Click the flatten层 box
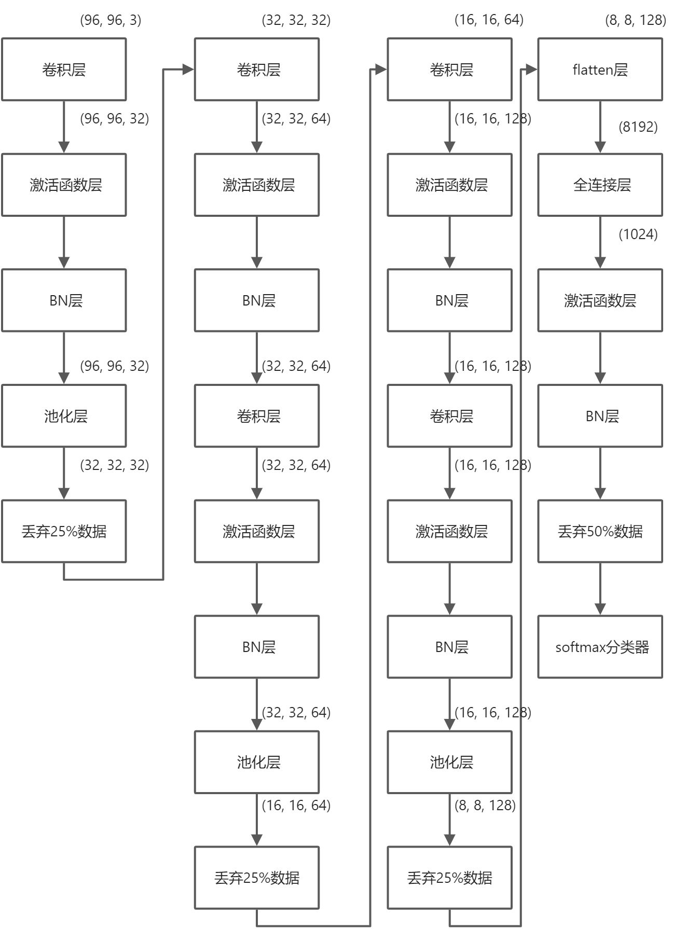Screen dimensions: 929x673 click(600, 70)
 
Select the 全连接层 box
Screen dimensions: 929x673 click(600, 185)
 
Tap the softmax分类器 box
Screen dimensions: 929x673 click(600, 647)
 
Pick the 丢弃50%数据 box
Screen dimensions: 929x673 click(600, 531)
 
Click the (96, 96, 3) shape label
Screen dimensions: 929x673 click(111, 20)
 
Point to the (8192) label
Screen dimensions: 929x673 click(638, 127)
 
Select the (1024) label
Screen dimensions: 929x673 click(638, 234)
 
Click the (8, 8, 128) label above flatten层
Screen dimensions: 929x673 click(635, 20)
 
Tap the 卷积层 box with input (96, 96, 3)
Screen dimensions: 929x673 click(64, 70)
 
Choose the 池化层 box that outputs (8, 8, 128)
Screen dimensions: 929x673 click(449, 762)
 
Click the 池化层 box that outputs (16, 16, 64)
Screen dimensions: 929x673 click(257, 762)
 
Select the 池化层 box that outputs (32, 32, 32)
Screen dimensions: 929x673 click(64, 416)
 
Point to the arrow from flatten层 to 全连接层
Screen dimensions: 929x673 click(600, 127)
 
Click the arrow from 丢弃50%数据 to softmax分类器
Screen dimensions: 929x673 click(600, 589)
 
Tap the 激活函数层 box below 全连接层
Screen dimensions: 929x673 click(600, 300)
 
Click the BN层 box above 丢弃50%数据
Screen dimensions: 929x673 click(600, 416)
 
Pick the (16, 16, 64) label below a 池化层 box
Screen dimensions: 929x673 click(296, 806)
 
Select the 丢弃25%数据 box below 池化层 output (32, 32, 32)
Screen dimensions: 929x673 click(64, 531)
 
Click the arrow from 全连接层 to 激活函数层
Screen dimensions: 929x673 click(600, 242)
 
